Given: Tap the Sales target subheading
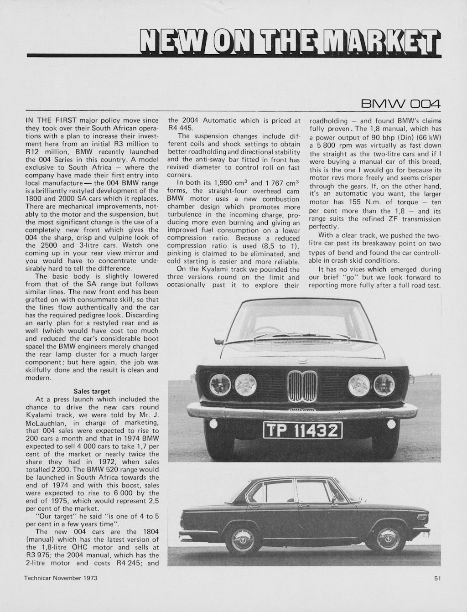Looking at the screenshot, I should click(x=91, y=391).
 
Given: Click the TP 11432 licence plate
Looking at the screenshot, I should click(x=302, y=430).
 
